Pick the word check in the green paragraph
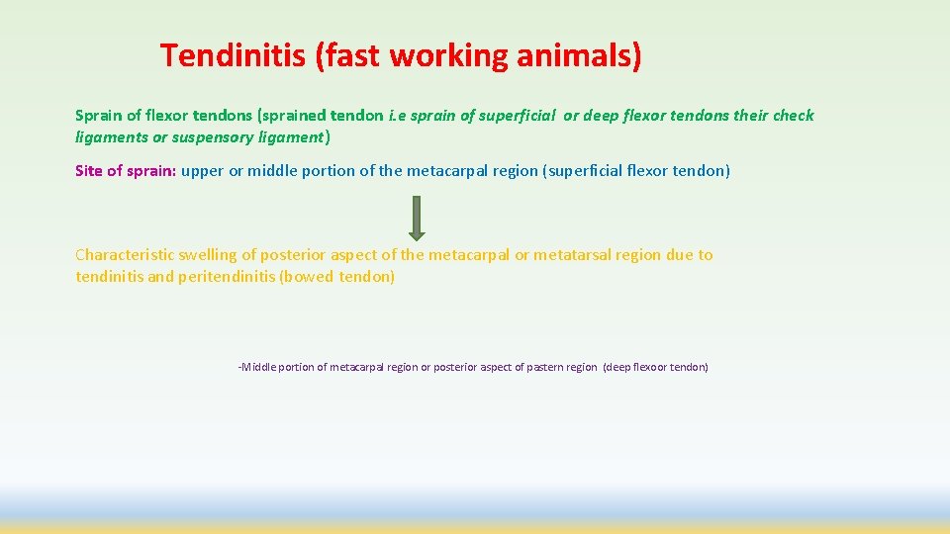coord(793,116)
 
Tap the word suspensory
coord(208,136)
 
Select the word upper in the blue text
coord(203,171)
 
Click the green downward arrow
coord(417,218)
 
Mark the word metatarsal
coord(572,255)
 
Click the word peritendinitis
coord(228,277)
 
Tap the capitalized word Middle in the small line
coord(258,367)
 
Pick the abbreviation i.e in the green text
coord(397,116)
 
